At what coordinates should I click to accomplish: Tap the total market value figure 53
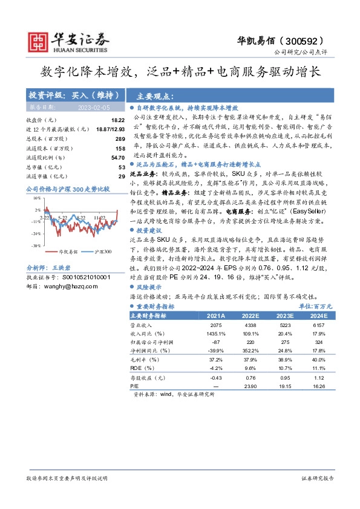click(122, 167)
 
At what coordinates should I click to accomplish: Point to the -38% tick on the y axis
click(37, 245)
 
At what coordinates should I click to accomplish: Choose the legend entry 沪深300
click(100, 251)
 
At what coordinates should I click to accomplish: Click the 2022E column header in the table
click(249, 316)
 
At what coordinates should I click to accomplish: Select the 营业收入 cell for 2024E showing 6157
click(319, 326)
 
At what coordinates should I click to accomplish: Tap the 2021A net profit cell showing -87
click(216, 343)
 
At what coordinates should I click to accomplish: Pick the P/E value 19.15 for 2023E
click(284, 385)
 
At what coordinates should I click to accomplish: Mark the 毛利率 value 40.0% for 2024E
click(319, 360)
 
